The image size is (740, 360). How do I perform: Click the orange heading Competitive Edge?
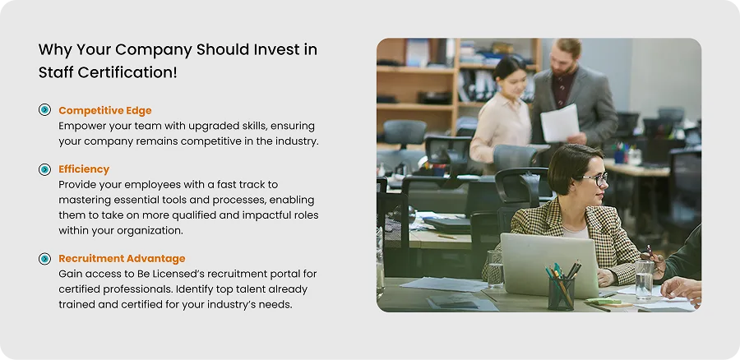[x=105, y=110]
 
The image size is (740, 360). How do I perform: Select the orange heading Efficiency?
[x=84, y=169]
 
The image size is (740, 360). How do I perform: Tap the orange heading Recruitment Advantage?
[x=122, y=259]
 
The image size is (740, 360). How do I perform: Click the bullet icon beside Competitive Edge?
[x=44, y=110]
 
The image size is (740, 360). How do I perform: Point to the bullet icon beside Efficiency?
[x=44, y=169]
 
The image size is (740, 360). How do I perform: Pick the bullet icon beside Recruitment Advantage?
[x=44, y=259]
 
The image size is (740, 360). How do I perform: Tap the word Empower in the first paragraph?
[x=81, y=127]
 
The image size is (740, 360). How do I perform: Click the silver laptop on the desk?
[x=549, y=265]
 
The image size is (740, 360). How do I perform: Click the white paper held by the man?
[x=560, y=122]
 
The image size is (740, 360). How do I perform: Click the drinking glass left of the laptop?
[x=495, y=269]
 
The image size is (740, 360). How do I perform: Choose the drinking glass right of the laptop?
[x=644, y=279]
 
